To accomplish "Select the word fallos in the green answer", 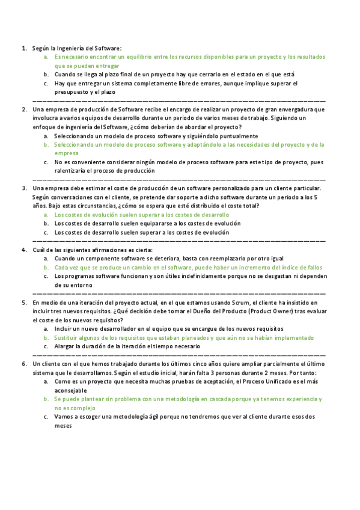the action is click(313, 268).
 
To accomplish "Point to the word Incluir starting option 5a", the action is click(64, 330).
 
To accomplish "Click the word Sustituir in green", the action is click(67, 338).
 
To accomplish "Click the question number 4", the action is click(24, 250).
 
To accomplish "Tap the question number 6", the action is click(24, 364).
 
